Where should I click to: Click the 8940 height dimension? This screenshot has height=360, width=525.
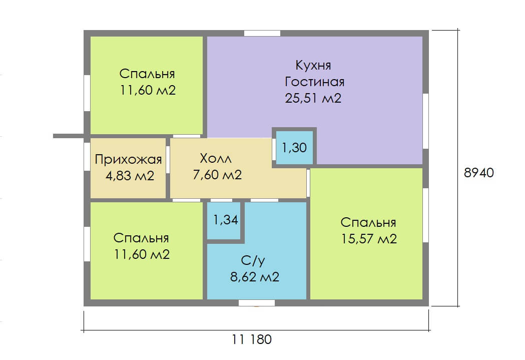479,172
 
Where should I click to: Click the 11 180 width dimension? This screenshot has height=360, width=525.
252,339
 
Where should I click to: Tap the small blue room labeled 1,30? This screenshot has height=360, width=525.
294,148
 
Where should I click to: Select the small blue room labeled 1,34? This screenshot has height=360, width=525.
226,220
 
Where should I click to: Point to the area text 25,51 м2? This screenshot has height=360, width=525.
313,98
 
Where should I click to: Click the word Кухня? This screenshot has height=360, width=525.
313,65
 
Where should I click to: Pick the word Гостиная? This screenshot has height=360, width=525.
314,82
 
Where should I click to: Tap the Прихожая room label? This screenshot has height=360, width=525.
128,160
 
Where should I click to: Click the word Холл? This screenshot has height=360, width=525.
216,158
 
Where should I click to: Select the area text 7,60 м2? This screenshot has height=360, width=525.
217,174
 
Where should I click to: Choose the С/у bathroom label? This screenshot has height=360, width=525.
253,260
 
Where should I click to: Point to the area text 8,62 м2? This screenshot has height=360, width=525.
255,277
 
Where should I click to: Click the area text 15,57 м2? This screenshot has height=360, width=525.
369,239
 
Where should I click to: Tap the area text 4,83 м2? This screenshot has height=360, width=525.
130,176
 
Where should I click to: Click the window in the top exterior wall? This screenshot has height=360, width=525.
262,33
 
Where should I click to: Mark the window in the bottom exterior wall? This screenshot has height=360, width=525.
257,303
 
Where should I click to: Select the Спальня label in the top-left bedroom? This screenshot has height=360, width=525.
147,74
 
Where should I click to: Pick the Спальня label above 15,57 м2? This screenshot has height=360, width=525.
368,223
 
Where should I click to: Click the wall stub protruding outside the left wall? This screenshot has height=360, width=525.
69,136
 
